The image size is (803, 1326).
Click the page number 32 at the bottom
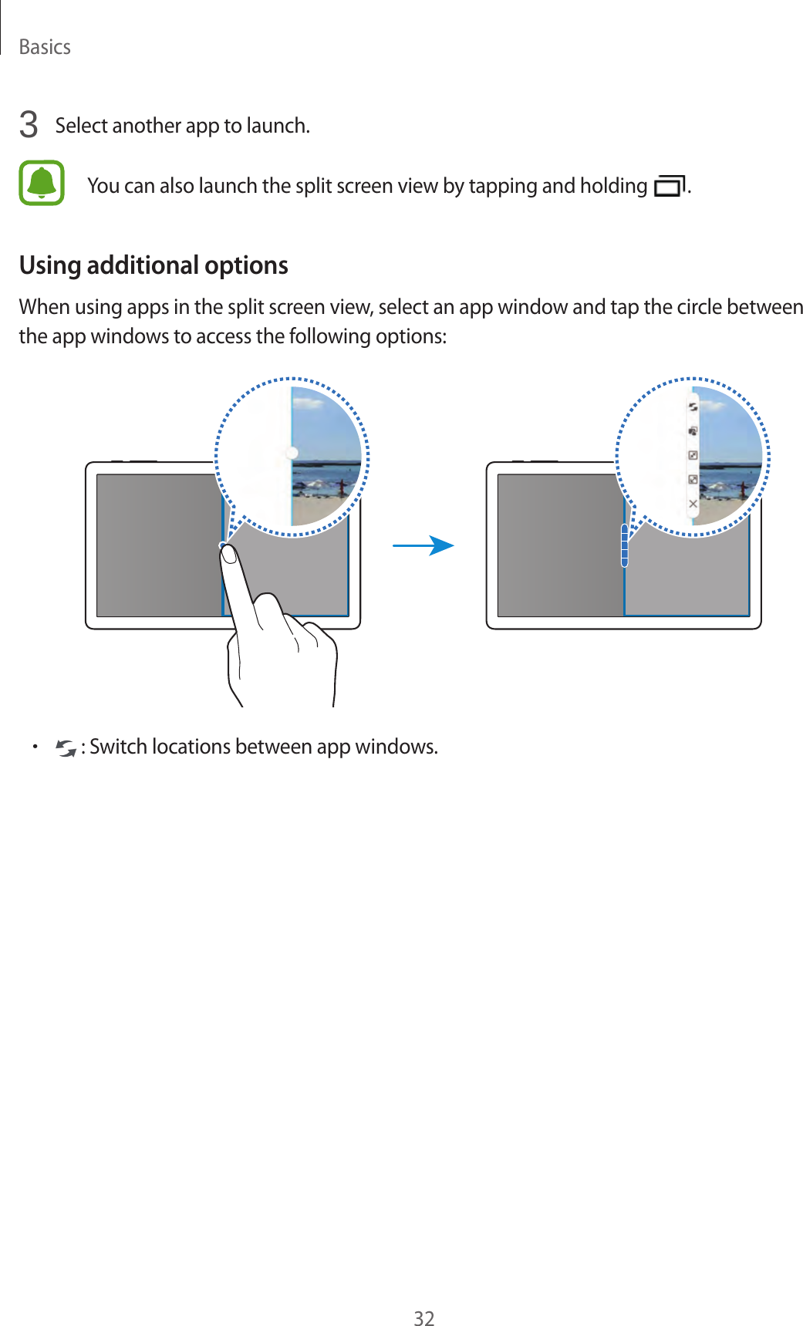point(423,1318)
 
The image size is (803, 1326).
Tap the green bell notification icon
point(42,183)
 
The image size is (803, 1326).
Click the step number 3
point(29,125)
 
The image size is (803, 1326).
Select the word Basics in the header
point(45,47)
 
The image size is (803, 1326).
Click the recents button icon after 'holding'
point(669,187)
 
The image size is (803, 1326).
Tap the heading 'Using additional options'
point(154,265)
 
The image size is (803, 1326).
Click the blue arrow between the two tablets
point(423,546)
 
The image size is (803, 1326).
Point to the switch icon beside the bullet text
point(66,747)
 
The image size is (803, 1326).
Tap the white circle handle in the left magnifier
point(292,453)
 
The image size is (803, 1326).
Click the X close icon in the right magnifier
point(693,504)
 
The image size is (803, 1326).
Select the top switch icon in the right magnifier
point(693,407)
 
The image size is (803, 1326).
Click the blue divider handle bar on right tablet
point(624,545)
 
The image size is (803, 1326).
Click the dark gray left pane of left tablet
point(159,545)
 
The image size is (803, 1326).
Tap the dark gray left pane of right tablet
point(560,545)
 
